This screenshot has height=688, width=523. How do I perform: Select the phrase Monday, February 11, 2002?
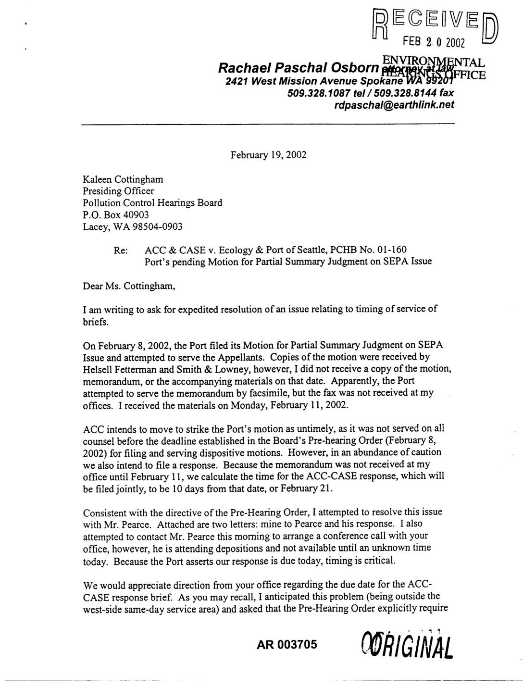coord(291,405)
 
